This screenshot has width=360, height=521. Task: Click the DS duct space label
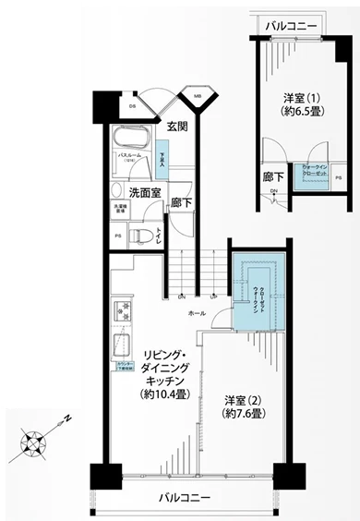point(132,104)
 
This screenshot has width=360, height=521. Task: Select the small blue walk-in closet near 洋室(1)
point(306,175)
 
